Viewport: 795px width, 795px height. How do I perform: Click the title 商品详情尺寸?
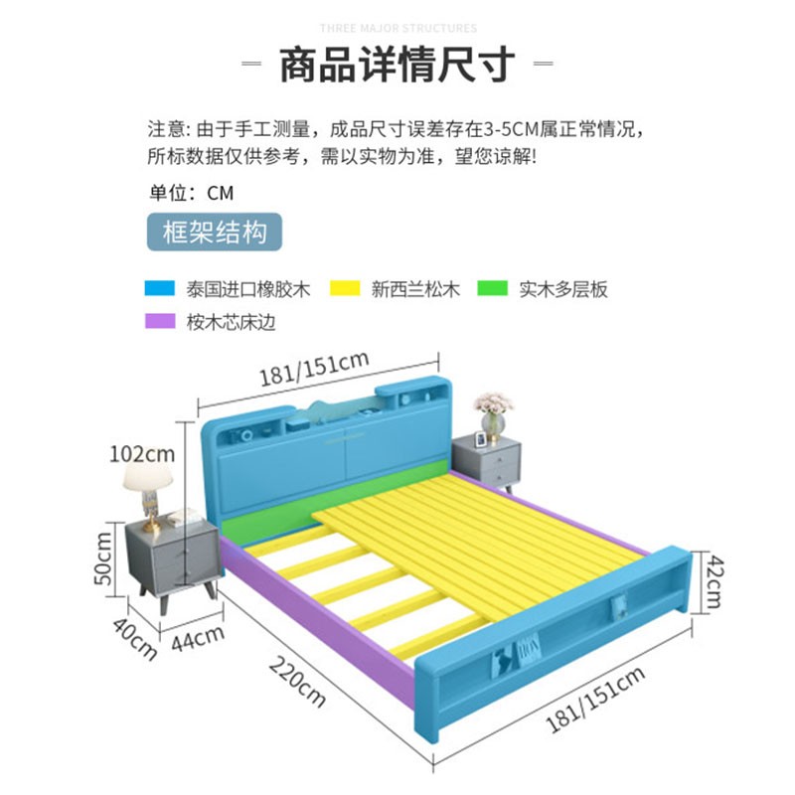(397, 65)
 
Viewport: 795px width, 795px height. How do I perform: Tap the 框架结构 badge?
(214, 234)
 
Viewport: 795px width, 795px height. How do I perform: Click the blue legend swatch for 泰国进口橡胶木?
(158, 289)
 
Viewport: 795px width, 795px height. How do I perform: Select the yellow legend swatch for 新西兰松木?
(344, 289)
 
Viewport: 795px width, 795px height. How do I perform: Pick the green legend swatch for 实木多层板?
(491, 289)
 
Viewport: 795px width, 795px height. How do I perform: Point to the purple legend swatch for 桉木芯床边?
(158, 322)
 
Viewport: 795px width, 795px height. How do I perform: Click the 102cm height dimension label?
(142, 454)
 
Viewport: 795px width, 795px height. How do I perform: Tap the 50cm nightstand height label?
(103, 558)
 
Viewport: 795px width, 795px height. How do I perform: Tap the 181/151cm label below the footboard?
(596, 700)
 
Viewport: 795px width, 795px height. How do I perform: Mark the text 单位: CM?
(191, 193)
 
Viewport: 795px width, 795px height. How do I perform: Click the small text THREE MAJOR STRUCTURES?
(397, 29)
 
